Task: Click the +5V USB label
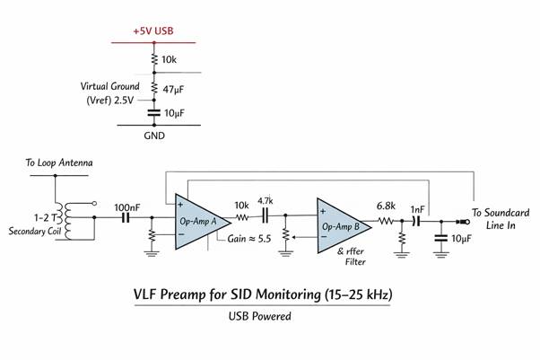152,31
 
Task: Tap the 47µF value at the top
173,89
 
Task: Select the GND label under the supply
154,137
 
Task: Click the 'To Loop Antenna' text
59,163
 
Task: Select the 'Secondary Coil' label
37,232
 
